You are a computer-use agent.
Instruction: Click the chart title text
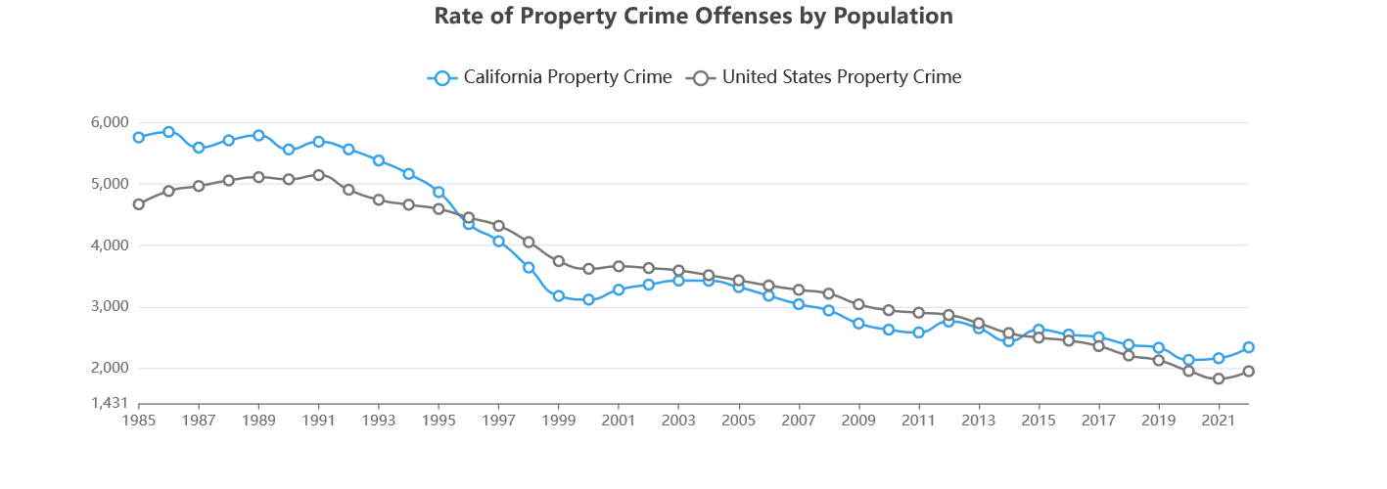[x=693, y=16]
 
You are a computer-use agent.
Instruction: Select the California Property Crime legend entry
[x=550, y=77]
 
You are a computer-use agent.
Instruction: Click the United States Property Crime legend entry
[x=825, y=77]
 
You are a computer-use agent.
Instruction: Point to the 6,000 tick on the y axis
[x=110, y=122]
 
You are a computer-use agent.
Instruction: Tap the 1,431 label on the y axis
[x=110, y=403]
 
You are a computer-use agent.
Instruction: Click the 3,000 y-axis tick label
[x=110, y=307]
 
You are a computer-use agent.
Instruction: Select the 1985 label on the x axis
[x=139, y=421]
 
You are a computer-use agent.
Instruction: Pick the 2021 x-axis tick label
[x=1219, y=421]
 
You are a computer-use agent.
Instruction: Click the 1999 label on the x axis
[x=559, y=421]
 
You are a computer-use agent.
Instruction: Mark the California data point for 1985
[x=139, y=138]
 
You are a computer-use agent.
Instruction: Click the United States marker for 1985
[x=139, y=204]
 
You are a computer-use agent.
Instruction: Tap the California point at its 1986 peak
[x=168, y=132]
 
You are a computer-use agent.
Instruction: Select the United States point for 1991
[x=319, y=175]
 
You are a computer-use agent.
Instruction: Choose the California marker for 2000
[x=588, y=300]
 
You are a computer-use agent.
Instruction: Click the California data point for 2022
[x=1249, y=347]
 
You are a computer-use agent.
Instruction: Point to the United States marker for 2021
[x=1219, y=378]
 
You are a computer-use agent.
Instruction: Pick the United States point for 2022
[x=1249, y=372]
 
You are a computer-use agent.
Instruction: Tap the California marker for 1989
[x=258, y=135]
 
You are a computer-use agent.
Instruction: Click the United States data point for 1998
[x=529, y=243]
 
